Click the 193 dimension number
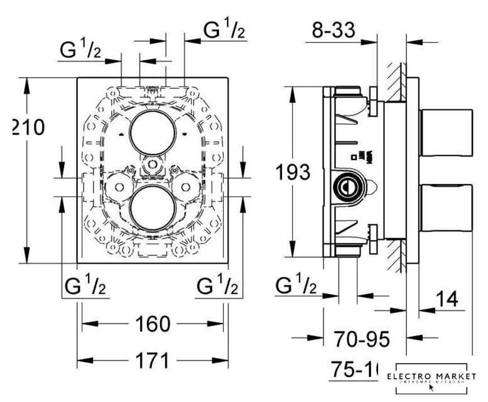292,171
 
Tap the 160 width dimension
152,325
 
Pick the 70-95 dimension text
361,339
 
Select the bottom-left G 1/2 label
85,286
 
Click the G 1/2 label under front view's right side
217,286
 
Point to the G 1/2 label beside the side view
296,286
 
